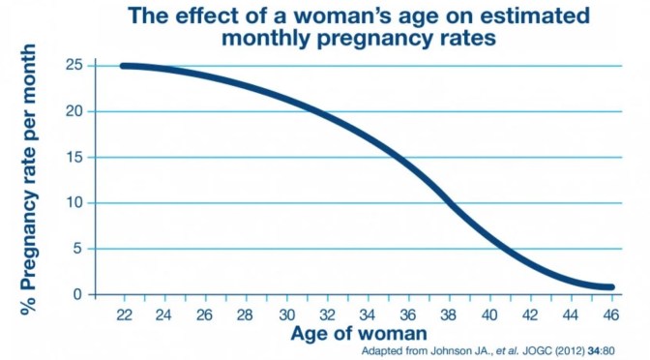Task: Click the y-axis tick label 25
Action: [74, 66]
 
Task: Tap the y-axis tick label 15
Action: [74, 158]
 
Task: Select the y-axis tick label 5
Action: [78, 249]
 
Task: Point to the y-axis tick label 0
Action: [78, 294]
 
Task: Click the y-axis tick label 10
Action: [74, 203]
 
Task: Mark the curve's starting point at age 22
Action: [124, 66]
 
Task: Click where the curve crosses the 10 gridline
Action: [450, 203]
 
